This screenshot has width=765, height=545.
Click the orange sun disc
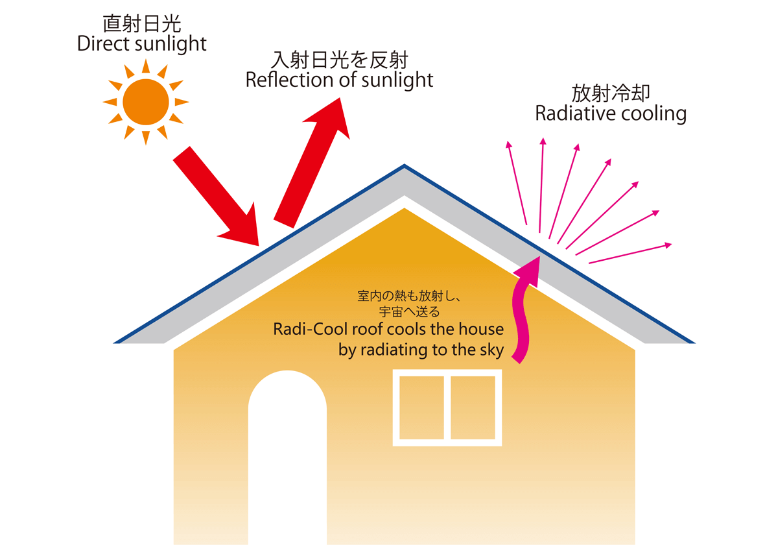(x=145, y=101)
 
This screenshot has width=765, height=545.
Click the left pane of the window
(x=422, y=407)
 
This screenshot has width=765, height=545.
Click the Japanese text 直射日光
(x=142, y=23)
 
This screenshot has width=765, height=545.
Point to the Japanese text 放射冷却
(x=611, y=93)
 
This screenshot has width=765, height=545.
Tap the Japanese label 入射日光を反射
(x=339, y=60)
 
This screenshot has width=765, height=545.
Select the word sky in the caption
(x=490, y=350)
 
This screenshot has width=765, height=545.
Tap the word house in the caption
(x=482, y=329)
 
